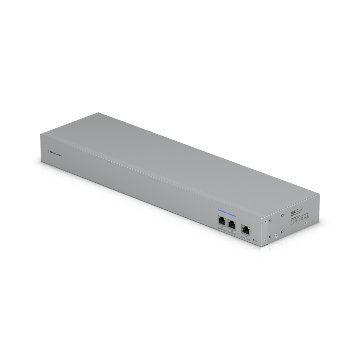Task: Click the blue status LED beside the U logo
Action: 48,151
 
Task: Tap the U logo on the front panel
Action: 51,152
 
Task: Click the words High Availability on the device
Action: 57,154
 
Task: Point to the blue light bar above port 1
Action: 222,211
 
